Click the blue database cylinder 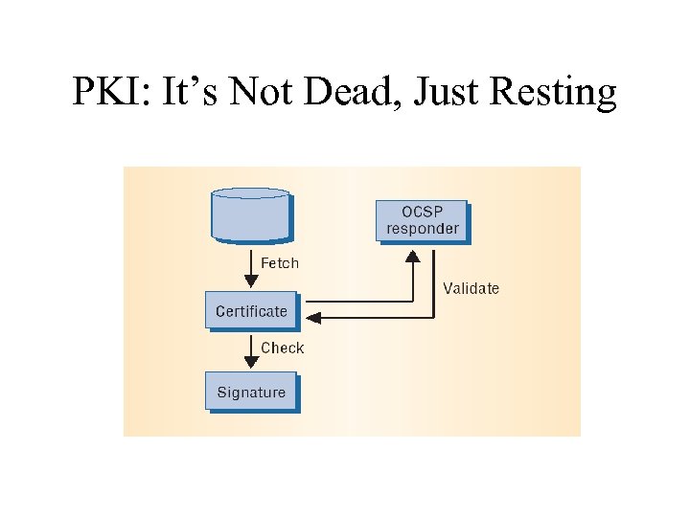[249, 215]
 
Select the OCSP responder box [422, 220]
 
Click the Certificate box [251, 310]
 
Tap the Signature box [251, 392]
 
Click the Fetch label [280, 262]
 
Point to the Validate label [471, 287]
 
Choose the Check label [282, 348]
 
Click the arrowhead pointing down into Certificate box [251, 281]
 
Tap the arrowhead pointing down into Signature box [251, 362]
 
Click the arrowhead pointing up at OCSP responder [412, 256]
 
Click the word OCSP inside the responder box [422, 212]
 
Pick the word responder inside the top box [422, 229]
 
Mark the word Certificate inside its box [251, 310]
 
